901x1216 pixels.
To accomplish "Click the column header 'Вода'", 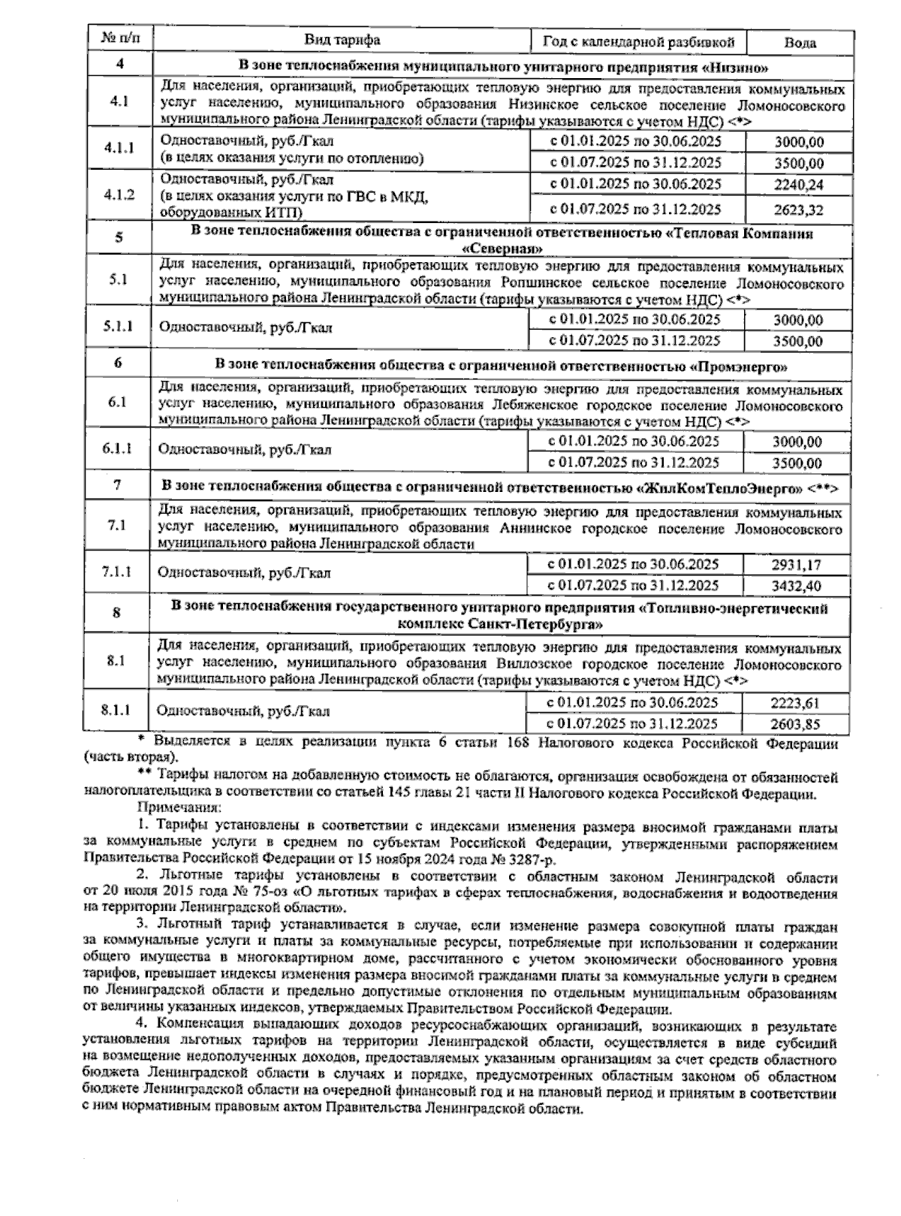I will tap(800, 42).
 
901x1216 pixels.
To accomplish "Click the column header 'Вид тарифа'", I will tap(342, 40).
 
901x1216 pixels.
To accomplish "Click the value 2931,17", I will tap(797, 565).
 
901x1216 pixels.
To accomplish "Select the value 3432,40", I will tap(797, 586).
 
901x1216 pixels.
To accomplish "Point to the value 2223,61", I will tap(796, 704).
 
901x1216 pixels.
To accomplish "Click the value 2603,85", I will tap(796, 725).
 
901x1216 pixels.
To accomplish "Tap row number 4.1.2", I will tap(119, 195).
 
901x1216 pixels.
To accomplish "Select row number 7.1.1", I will tap(117, 572).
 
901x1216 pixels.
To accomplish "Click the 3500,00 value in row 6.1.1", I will tap(797, 463).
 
